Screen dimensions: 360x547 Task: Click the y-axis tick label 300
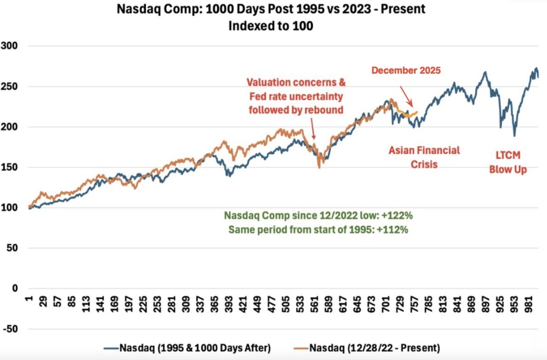(9, 46)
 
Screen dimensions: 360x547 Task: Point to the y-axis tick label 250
(9, 86)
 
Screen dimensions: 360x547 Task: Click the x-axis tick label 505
(286, 304)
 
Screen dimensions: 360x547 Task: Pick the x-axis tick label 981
(529, 304)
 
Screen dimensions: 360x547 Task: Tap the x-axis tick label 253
(158, 304)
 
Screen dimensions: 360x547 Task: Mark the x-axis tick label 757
(415, 304)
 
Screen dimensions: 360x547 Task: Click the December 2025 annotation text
(406, 70)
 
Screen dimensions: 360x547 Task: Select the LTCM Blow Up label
(508, 162)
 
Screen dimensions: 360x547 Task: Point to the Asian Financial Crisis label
(424, 157)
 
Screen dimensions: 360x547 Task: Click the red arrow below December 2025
(406, 96)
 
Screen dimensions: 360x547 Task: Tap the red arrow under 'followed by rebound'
(313, 129)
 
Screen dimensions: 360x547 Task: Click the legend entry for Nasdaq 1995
(195, 348)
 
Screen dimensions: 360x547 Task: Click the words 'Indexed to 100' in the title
(271, 26)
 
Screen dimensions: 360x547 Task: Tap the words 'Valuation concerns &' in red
(296, 82)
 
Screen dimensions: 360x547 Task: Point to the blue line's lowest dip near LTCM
(514, 135)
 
